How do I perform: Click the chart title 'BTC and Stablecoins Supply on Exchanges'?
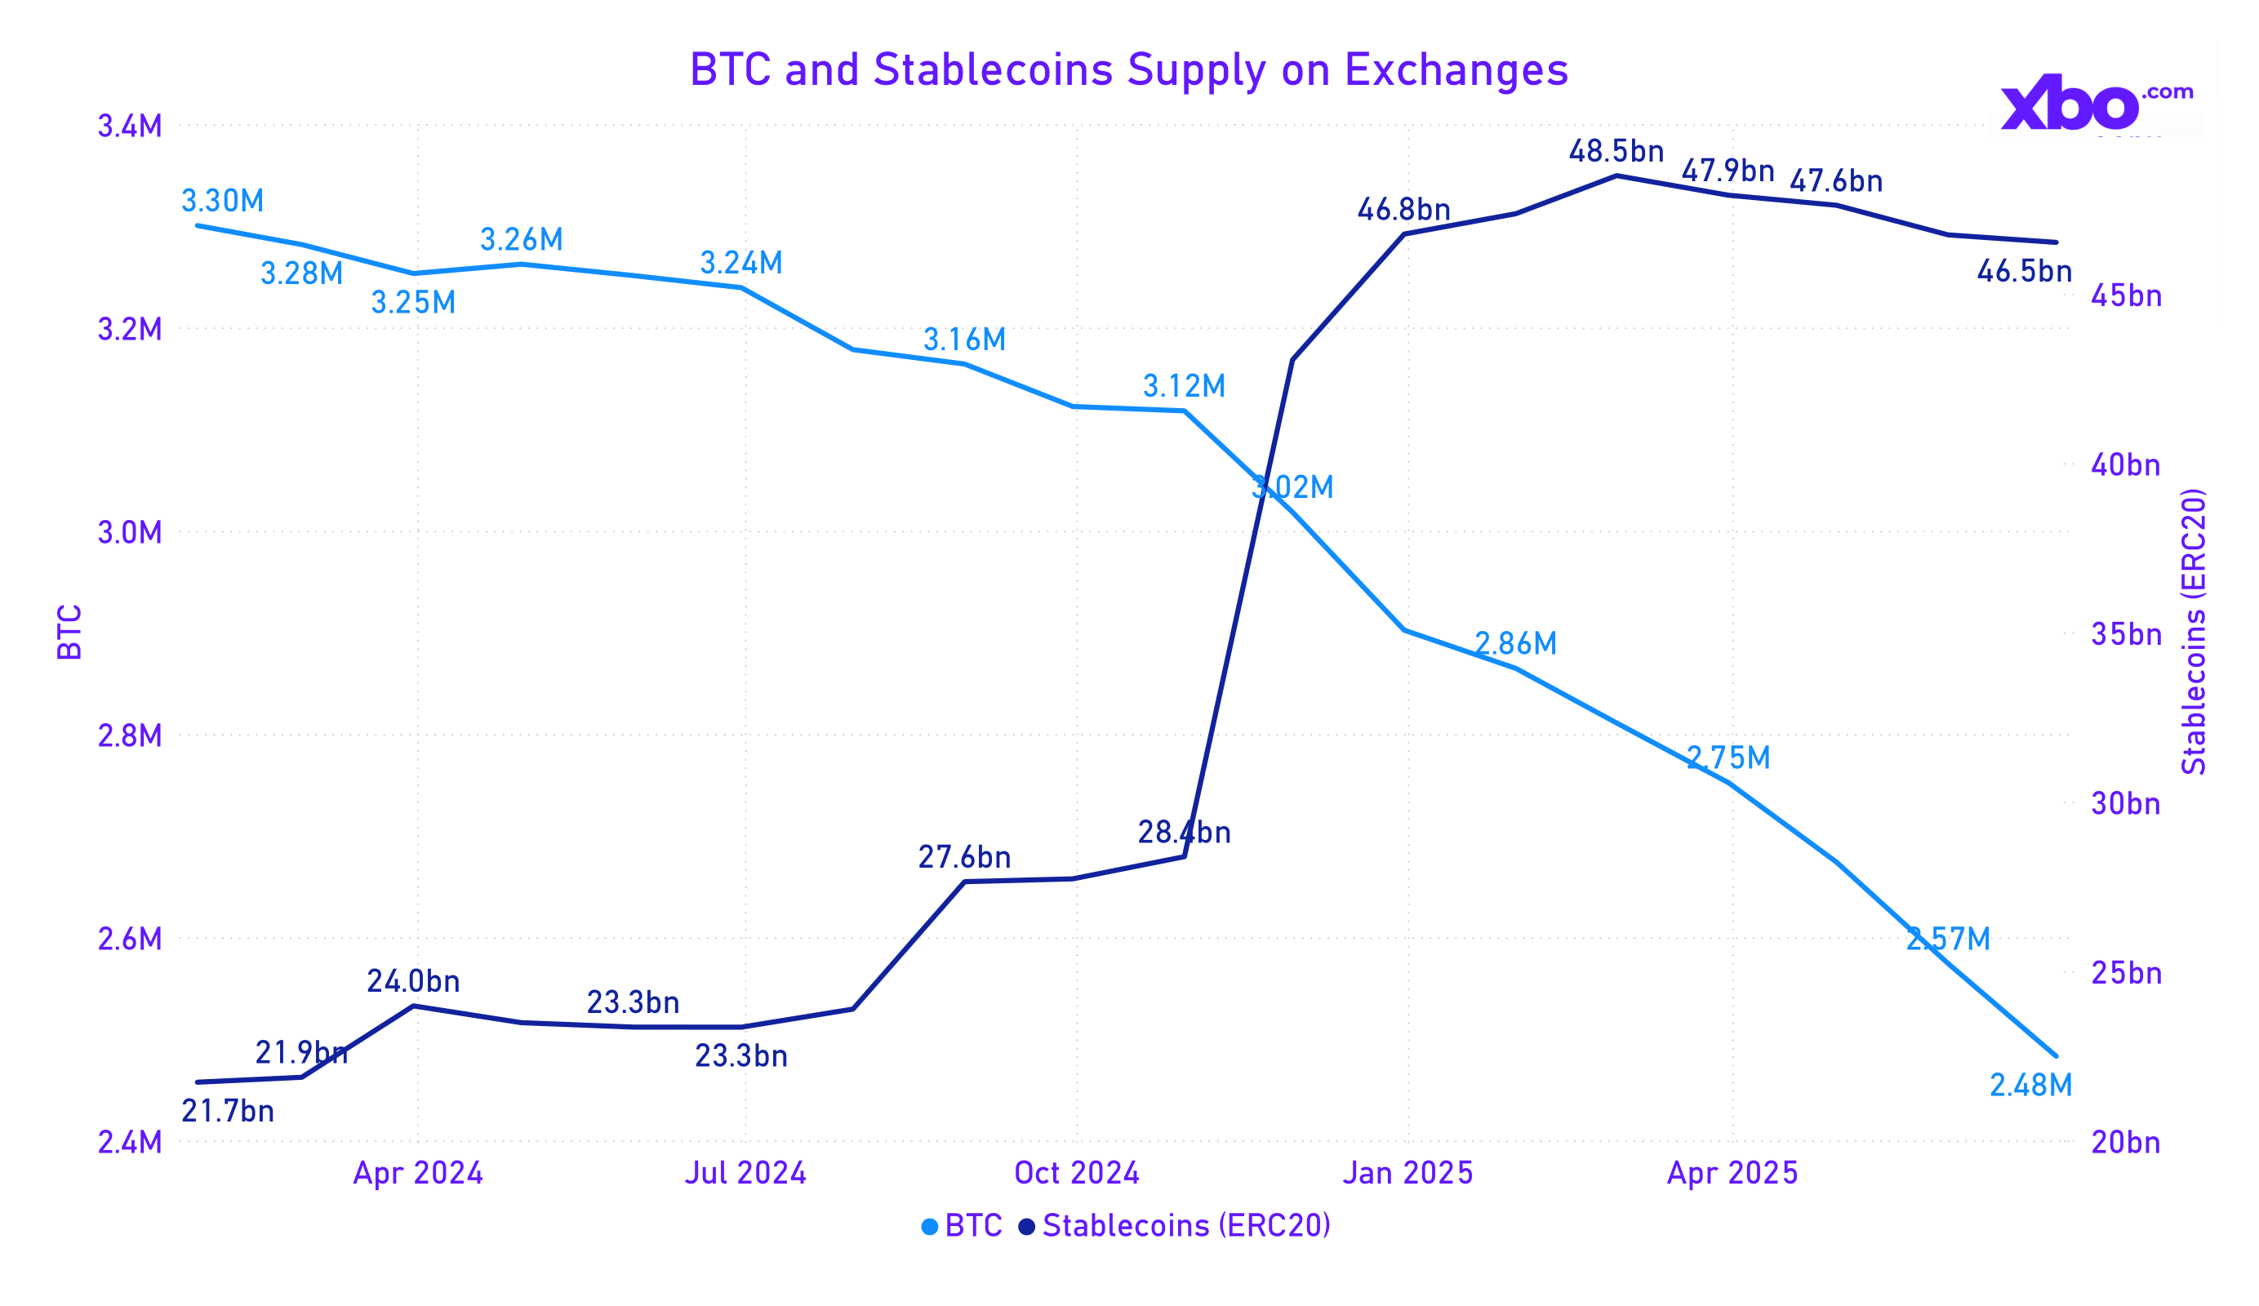tap(1127, 70)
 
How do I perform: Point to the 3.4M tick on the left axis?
tap(129, 127)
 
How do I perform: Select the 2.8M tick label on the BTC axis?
tap(129, 736)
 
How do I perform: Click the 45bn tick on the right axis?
tap(2125, 295)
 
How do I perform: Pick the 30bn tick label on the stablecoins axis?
tap(2125, 804)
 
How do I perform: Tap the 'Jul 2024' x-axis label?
tap(745, 1173)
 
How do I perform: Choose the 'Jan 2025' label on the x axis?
tap(1407, 1173)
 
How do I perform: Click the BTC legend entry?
tap(962, 1225)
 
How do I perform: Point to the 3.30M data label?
tap(222, 201)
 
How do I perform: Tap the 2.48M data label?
tap(2030, 1086)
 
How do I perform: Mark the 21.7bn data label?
tap(228, 1112)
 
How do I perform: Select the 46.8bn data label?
tap(1403, 210)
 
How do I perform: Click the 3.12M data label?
tap(1183, 386)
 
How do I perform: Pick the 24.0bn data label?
tap(413, 981)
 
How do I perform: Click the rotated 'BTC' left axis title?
tap(69, 632)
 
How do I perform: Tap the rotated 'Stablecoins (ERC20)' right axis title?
tap(2194, 632)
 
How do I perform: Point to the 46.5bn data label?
tap(2024, 271)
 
